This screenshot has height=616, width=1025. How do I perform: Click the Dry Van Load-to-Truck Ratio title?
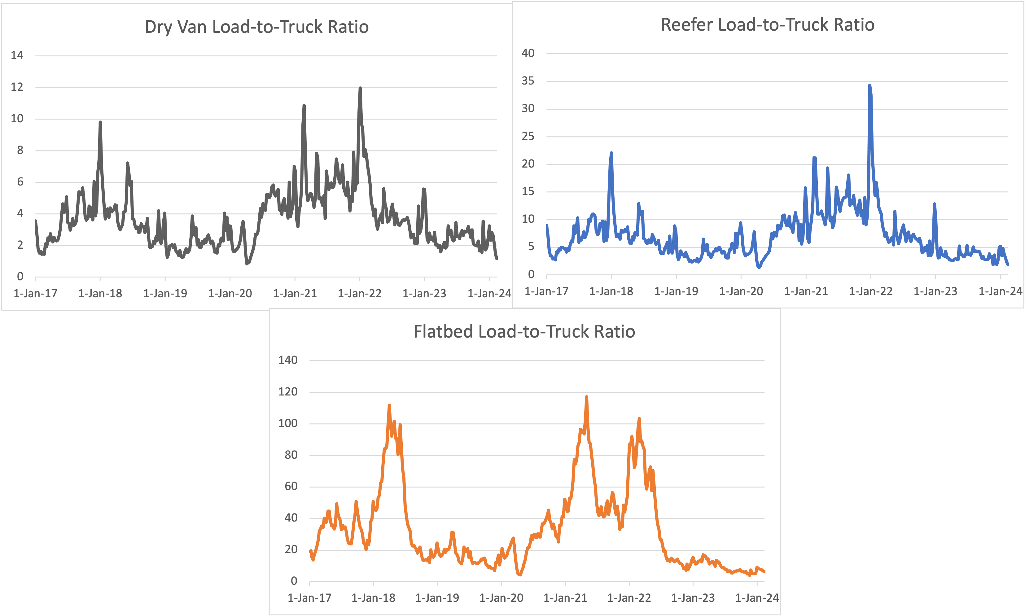(x=256, y=27)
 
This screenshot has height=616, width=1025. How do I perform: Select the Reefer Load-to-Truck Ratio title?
(x=768, y=25)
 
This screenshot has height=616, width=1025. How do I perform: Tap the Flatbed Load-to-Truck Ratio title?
(x=524, y=332)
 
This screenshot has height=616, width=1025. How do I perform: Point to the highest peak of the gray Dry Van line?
(x=360, y=88)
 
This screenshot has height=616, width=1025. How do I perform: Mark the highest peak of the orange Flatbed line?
(x=587, y=397)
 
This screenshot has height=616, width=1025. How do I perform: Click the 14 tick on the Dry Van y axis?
(x=17, y=55)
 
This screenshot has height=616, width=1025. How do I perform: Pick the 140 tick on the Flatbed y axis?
(x=288, y=360)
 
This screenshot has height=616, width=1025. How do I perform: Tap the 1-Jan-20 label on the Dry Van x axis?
(x=230, y=294)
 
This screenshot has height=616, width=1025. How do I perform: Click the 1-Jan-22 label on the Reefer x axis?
(x=870, y=291)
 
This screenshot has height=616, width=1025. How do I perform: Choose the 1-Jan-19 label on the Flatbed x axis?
(x=437, y=598)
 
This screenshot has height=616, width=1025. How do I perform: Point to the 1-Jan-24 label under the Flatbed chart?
(x=756, y=598)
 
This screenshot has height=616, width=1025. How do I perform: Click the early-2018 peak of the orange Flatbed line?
(x=389, y=405)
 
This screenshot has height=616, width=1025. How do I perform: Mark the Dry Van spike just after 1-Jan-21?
(x=304, y=105)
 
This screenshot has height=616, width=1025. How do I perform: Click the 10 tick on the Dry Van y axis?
(x=17, y=119)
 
